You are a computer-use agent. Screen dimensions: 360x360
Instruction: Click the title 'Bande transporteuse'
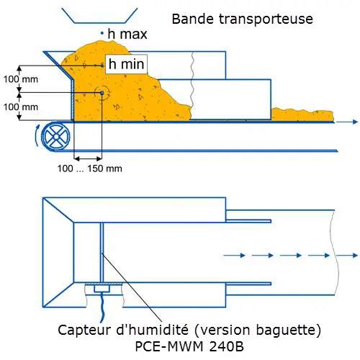click(243, 19)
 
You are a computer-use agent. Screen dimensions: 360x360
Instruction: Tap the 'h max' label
click(127, 34)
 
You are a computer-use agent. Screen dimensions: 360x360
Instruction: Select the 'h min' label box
click(126, 64)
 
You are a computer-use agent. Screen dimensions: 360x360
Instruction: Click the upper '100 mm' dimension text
click(21, 79)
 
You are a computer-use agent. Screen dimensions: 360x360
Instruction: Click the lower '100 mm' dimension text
click(21, 107)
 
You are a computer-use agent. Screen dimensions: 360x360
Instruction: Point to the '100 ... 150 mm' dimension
click(90, 168)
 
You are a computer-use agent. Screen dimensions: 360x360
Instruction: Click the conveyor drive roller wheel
click(56, 136)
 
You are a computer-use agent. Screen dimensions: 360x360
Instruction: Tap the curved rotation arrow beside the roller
click(37, 135)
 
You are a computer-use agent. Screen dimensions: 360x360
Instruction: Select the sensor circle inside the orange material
click(102, 93)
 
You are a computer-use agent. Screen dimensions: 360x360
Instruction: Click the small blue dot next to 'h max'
click(102, 33)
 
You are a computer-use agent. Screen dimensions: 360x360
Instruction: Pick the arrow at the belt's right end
click(347, 122)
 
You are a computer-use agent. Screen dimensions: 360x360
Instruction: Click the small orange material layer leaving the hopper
click(302, 114)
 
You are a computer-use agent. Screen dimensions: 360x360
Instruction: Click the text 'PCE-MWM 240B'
click(189, 346)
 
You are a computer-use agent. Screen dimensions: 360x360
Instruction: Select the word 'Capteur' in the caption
click(84, 330)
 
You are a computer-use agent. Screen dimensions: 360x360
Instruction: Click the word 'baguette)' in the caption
click(288, 330)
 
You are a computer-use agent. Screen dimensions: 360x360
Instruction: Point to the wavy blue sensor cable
click(102, 307)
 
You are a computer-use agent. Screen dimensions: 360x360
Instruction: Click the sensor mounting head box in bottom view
click(102, 288)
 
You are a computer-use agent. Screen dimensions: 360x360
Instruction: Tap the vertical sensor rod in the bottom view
click(102, 253)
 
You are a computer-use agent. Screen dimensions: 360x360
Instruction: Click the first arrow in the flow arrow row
click(235, 255)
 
